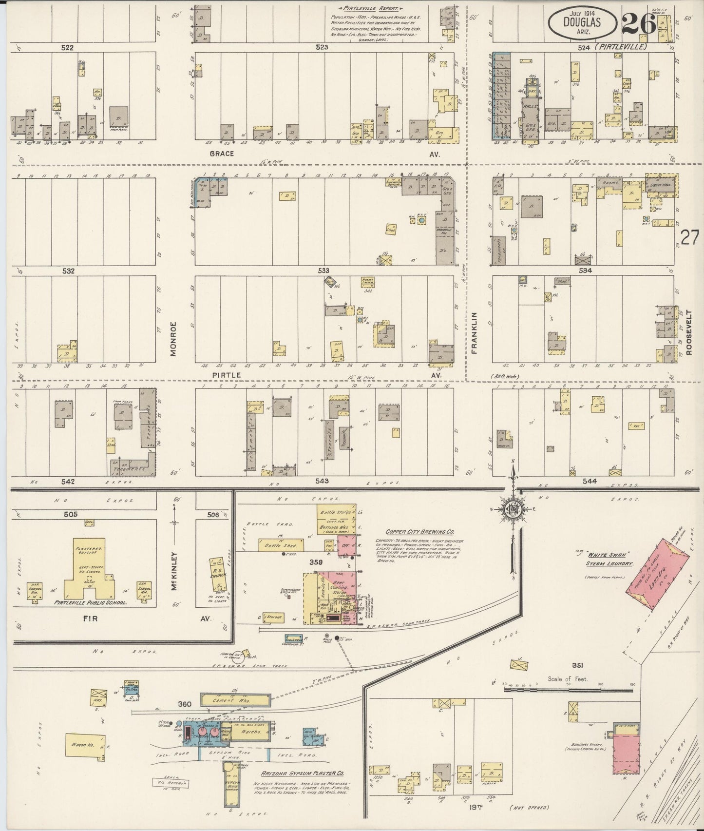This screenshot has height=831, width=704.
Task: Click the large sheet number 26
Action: click(x=639, y=23)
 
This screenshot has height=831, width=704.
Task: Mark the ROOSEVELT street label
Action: click(x=688, y=332)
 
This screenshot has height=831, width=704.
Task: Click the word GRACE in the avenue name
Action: click(x=222, y=154)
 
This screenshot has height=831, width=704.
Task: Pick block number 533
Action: click(x=323, y=270)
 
